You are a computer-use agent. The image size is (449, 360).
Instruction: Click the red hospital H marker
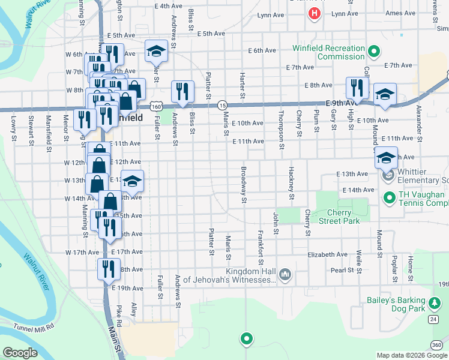[x=313, y=13]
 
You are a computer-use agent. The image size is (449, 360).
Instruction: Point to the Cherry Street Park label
[x=343, y=217]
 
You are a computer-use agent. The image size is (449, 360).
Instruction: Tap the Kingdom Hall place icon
[x=285, y=275]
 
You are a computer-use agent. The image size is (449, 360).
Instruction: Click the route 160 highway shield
[x=156, y=106]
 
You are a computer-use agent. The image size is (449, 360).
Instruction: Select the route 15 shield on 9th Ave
[x=221, y=104]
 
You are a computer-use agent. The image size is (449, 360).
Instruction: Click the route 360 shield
[x=437, y=344]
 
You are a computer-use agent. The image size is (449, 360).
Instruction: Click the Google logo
[x=20, y=353]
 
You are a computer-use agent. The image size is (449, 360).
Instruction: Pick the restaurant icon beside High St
[x=356, y=88]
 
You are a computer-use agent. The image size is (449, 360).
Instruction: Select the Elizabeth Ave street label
[x=327, y=254]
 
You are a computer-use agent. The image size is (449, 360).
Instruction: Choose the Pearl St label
[x=342, y=270]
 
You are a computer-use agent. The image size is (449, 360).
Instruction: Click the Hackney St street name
[x=291, y=183]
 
